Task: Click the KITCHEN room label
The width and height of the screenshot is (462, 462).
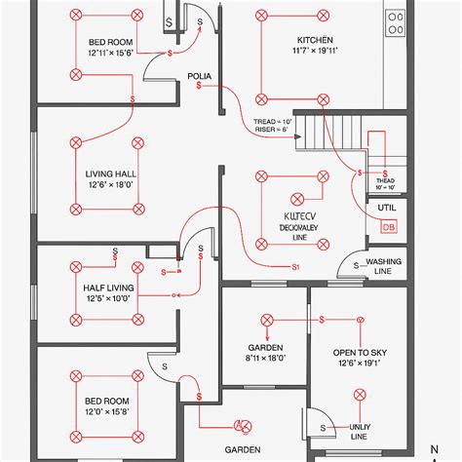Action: pos(317,41)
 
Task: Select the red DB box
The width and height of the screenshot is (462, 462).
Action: pos(389,227)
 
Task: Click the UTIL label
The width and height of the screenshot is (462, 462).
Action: pos(387,207)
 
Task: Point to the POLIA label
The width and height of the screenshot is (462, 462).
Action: pos(200,75)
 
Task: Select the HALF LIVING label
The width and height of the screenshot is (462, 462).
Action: pos(107,289)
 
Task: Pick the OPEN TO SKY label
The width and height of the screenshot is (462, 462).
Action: pos(360,353)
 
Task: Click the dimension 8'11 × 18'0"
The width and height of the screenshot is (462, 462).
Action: pos(264,359)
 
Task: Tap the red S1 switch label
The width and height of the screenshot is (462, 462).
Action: pos(295,266)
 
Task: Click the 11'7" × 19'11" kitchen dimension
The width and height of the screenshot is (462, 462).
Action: pos(317,53)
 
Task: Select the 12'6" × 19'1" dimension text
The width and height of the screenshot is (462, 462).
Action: pos(360,364)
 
